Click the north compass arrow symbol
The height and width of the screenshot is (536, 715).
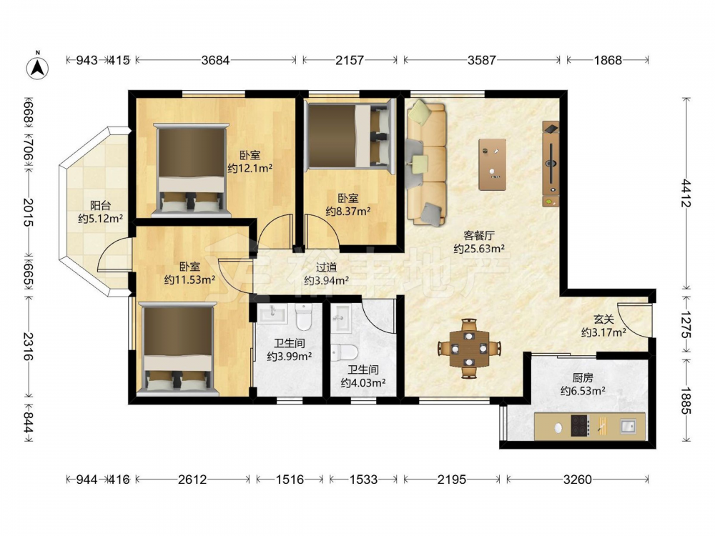pos(38,67)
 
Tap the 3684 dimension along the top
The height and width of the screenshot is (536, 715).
pos(215,60)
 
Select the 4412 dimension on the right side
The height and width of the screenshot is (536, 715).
pos(686,193)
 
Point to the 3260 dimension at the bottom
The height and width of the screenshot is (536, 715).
pos(577,479)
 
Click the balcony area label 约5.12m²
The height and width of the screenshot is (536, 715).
pos(100,219)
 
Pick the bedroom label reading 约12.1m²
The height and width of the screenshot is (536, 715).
pos(250,168)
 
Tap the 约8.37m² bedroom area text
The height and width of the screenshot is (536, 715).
pos(348,211)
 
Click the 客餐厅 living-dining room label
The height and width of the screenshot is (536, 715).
pos(479,236)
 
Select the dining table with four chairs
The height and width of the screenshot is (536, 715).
pos(469,349)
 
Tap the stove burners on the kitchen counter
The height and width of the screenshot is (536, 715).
pos(580,426)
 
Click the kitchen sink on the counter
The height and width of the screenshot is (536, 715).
pos(628,426)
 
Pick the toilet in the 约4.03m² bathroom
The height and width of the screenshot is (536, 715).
pos(345,352)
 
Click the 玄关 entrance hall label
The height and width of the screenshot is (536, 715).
pos(603,320)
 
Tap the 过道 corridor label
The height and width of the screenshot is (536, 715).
pos(327,268)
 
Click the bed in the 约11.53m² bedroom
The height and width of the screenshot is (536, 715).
pos(178,349)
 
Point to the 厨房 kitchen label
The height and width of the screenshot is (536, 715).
pos(583,378)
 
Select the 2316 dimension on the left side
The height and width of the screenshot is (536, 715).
pos(29,347)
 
